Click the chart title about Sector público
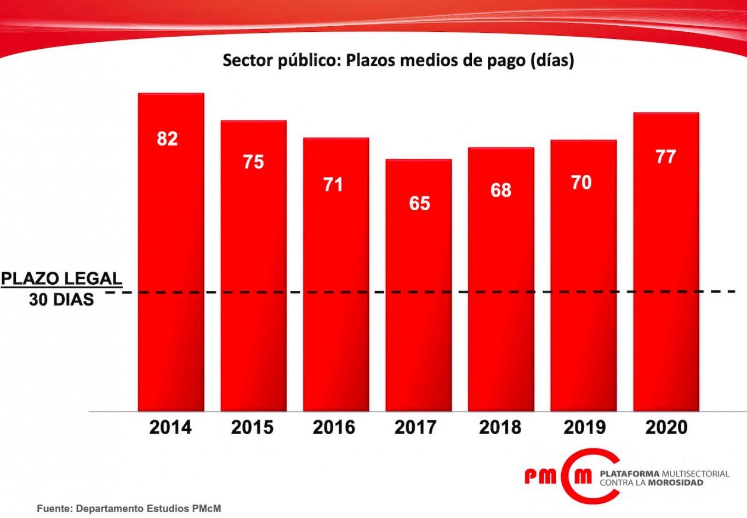click(398, 60)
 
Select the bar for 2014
click(171, 263)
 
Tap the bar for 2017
click(419, 296)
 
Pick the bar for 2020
click(666, 274)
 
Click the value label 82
click(167, 139)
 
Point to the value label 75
click(253, 162)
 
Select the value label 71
click(333, 185)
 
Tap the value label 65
click(419, 203)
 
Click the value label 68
click(500, 190)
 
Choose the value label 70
click(581, 182)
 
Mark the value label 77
click(665, 157)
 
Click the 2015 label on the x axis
click(252, 427)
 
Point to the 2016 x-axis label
click(334, 427)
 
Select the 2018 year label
click(500, 427)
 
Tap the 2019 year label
click(584, 427)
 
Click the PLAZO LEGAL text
click(61, 278)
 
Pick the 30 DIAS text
click(61, 300)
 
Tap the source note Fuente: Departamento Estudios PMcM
click(129, 509)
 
